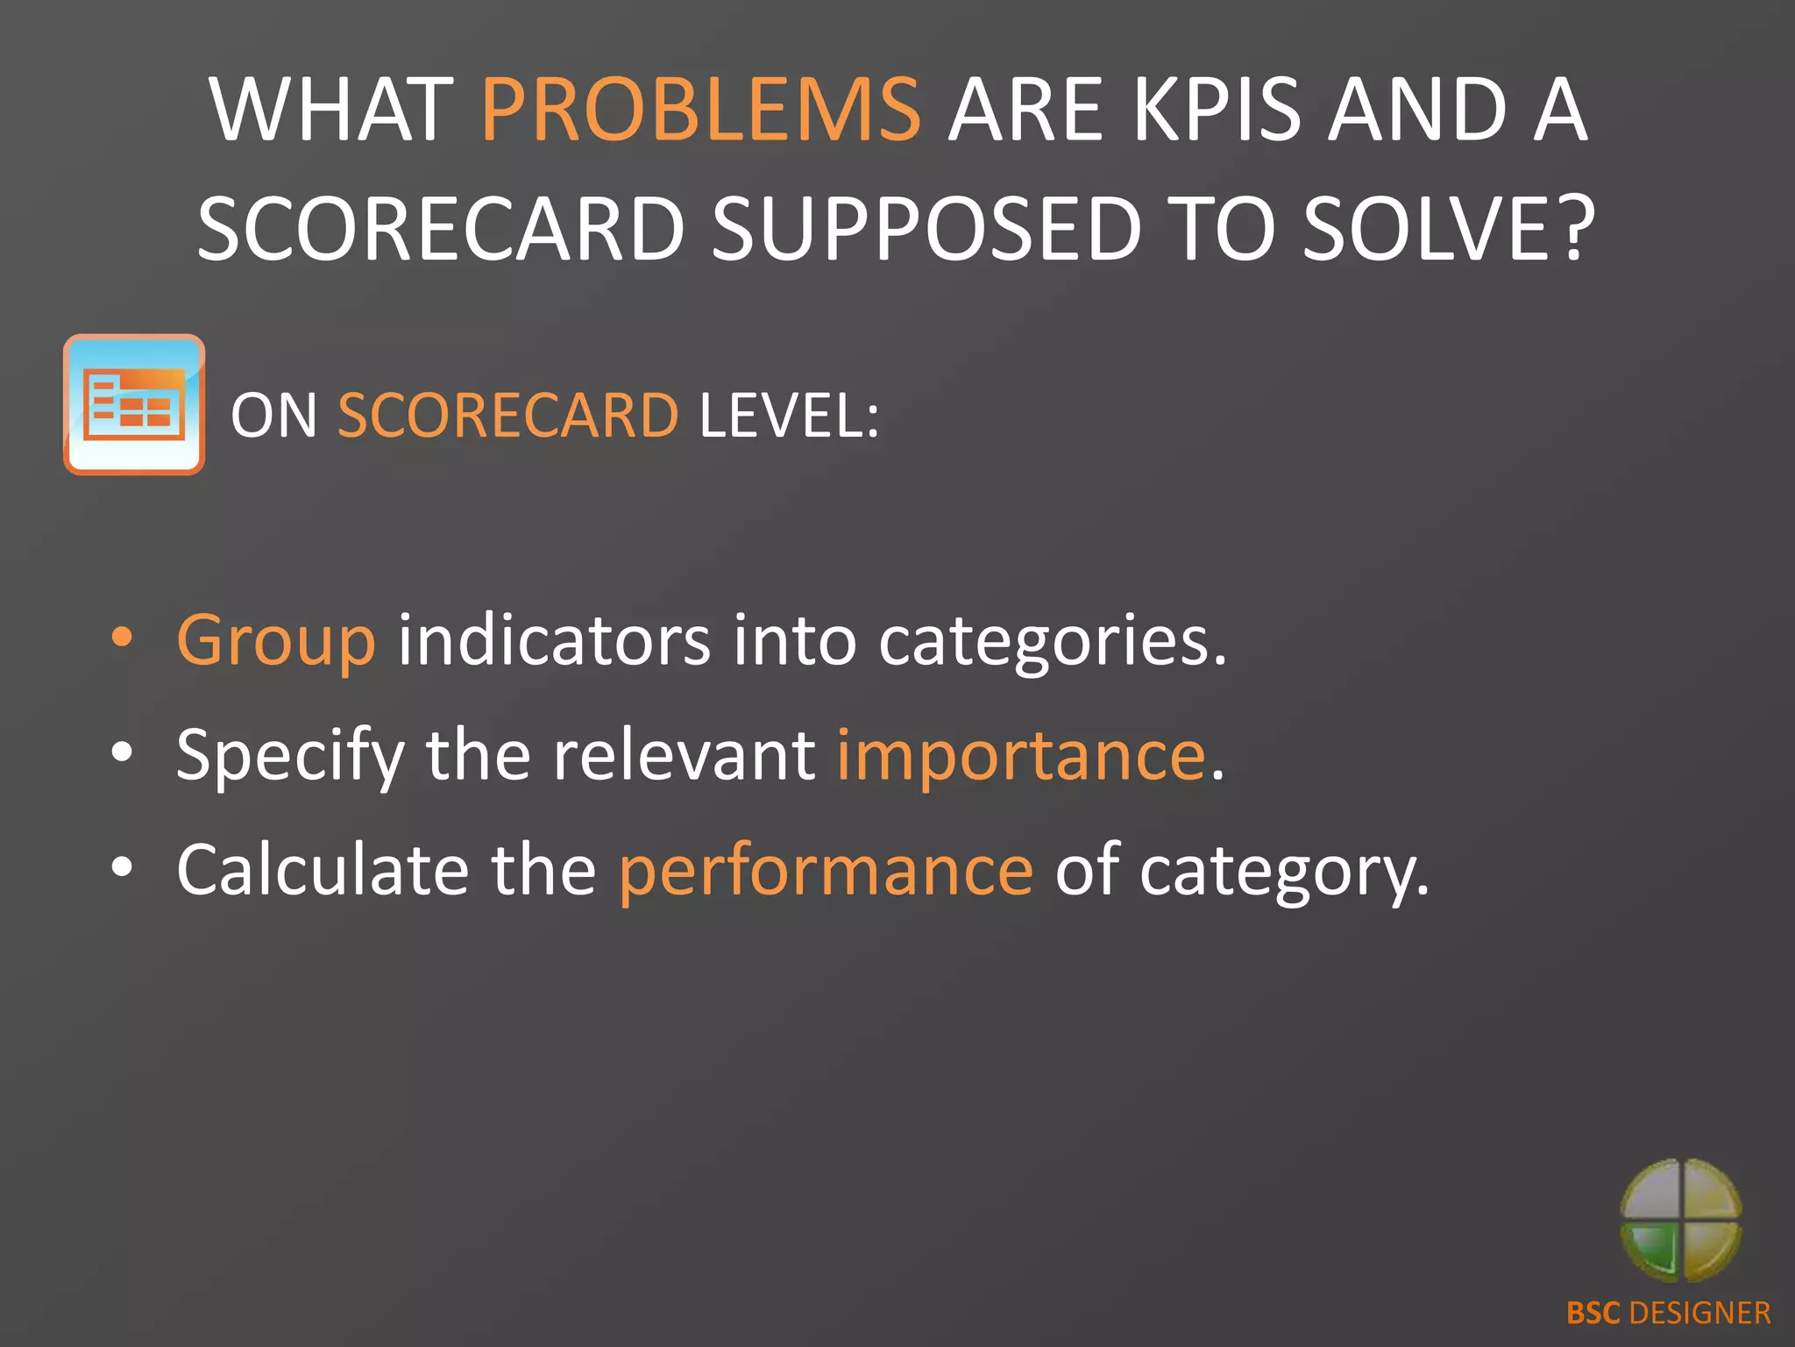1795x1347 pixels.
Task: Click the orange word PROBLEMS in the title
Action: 701,110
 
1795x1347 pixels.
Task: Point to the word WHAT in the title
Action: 331,110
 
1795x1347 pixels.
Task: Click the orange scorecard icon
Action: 134,404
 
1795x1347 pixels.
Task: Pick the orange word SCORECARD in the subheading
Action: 507,415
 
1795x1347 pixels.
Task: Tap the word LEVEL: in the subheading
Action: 789,415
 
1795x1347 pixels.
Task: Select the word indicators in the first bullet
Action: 554,640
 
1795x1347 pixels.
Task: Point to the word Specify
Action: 289,756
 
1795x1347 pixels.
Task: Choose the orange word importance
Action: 1021,756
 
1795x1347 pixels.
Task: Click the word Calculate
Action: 323,869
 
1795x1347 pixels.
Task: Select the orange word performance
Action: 826,871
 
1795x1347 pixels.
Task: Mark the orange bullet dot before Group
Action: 123,638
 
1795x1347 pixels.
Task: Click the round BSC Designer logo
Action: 1680,1220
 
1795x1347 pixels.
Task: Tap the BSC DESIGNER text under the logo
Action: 1668,1313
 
